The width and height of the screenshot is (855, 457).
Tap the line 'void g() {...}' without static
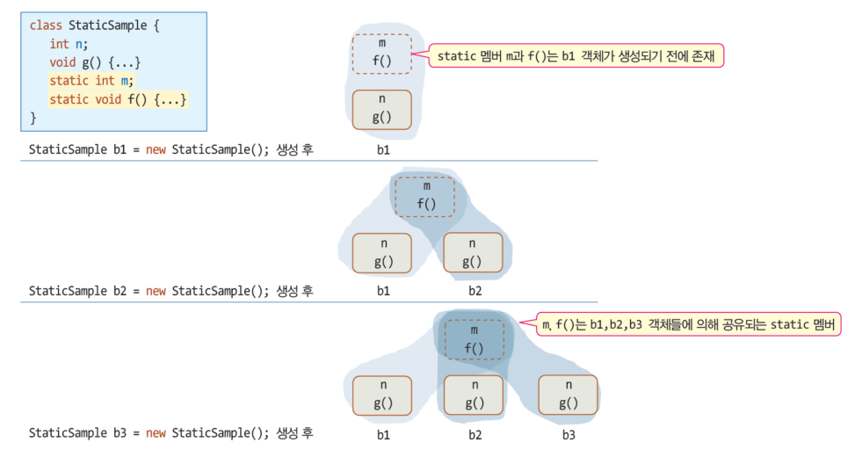95,62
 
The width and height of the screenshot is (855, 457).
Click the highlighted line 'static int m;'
91,81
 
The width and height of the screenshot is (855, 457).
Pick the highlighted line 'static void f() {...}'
119,99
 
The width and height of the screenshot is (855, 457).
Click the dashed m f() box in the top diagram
381,54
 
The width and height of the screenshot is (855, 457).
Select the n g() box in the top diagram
381,110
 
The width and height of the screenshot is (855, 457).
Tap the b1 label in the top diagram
382,149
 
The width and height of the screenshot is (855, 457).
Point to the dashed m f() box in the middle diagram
425,196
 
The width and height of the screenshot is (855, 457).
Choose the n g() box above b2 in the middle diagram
472,253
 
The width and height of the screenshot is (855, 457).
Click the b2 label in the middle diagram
475,291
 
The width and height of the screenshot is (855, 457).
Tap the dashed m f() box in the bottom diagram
474,339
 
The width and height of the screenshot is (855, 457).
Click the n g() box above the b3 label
569,395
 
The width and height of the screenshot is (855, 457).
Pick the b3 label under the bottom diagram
569,434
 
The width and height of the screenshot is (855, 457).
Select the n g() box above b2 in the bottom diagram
475,395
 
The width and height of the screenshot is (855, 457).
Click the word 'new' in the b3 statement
156,433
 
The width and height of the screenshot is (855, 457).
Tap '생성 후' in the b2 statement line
294,291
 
